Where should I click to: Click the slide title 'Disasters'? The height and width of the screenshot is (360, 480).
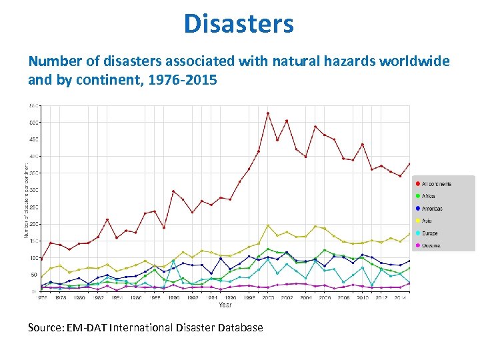[239, 24]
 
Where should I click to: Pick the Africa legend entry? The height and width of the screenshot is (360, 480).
[428, 196]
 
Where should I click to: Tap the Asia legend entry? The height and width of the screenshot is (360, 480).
[427, 221]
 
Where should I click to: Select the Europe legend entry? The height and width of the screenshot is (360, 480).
[429, 233]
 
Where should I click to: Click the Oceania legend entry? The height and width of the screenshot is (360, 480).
[431, 245]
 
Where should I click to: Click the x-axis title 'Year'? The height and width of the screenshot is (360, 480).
[225, 305]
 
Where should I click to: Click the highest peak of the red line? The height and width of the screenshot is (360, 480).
[267, 113]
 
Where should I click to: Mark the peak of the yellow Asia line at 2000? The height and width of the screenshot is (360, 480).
[267, 225]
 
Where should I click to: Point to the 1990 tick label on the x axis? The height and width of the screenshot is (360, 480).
[173, 298]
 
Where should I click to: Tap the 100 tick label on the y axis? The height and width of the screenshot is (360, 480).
[33, 258]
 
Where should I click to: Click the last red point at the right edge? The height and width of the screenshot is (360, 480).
[409, 164]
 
